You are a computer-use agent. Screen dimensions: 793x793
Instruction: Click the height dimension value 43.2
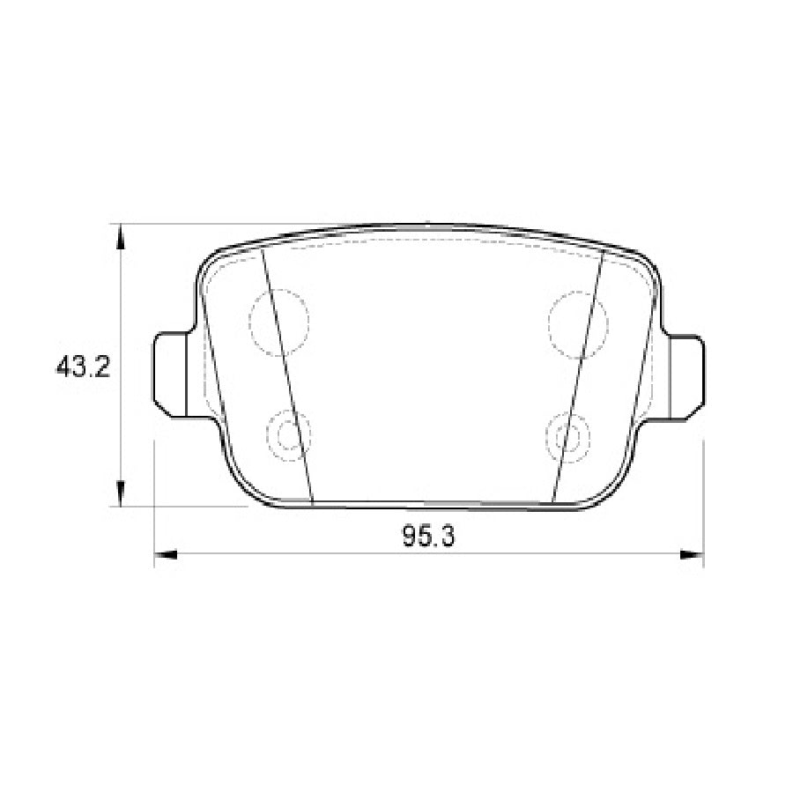tap(82, 367)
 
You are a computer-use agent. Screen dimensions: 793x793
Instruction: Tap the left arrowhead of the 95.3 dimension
tap(167, 555)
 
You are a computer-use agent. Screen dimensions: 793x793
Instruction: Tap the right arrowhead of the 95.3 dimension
tap(693, 555)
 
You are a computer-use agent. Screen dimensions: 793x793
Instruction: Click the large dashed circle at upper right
tap(578, 323)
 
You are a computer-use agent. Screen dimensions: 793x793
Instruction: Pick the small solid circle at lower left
tap(288, 435)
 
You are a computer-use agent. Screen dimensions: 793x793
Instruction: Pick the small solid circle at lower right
tap(569, 435)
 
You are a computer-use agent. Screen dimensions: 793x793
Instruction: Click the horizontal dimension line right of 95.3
tap(573, 555)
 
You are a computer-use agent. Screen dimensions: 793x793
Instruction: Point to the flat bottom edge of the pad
tap(432, 505)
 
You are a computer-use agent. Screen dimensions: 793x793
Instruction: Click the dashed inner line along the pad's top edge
tap(432, 239)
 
